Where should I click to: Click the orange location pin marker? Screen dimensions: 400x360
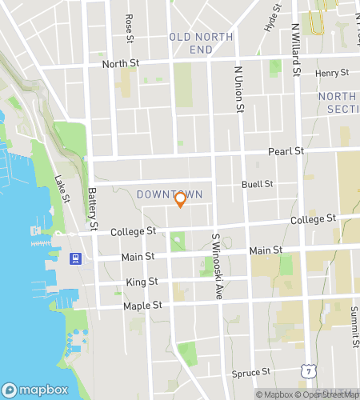pyautogui.click(x=180, y=200)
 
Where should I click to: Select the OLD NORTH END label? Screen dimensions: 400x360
pyautogui.click(x=191, y=43)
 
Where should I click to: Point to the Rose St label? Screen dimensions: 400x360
pyautogui.click(x=129, y=28)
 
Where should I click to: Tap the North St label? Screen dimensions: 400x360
pyautogui.click(x=118, y=63)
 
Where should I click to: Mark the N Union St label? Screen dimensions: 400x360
pyautogui.click(x=238, y=90)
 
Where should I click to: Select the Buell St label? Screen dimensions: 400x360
pyautogui.click(x=258, y=184)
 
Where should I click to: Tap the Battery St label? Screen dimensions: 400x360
pyautogui.click(x=93, y=208)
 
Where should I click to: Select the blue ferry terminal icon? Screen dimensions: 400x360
pyautogui.click(x=75, y=258)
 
